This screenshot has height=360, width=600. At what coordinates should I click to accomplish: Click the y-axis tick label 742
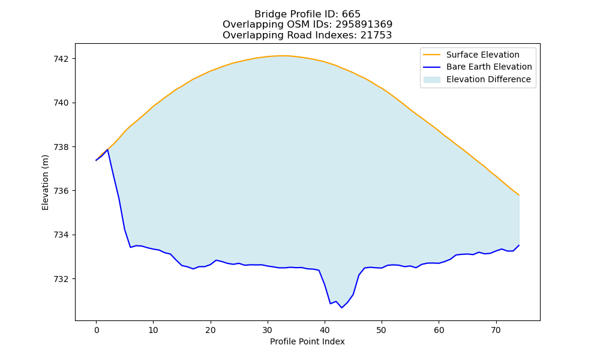pos(61,59)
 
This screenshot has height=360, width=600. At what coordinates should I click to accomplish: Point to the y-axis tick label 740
pos(61,103)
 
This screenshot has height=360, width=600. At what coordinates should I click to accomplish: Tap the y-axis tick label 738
pos(61,147)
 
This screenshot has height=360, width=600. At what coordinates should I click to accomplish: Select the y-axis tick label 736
pos(61,191)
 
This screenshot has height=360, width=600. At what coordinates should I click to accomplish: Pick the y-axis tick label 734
pos(61,235)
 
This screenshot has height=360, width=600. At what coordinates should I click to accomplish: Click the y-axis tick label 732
pos(61,279)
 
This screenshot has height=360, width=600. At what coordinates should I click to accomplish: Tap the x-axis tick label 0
pos(97,330)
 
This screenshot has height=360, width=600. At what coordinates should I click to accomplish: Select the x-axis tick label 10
pos(154,330)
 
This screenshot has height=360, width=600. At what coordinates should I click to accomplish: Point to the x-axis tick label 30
pos(268,330)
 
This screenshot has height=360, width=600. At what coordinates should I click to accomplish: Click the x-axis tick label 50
pos(382,330)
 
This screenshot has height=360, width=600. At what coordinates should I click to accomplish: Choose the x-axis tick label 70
pos(496,330)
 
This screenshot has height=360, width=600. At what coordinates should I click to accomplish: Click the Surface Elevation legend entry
pos(471,55)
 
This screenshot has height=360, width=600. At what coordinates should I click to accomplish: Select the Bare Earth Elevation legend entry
pos(477,67)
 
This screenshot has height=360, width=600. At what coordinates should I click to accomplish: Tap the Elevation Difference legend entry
pos(477,79)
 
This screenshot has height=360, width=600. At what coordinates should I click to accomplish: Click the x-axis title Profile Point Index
pos(307,341)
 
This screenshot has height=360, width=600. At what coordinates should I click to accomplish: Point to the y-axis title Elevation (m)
pos(45,182)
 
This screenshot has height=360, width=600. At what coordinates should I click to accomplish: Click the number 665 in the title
pos(351,14)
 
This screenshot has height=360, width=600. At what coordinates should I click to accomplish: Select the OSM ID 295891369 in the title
pos(364,25)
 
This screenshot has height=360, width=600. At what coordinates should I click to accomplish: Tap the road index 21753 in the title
pos(376,35)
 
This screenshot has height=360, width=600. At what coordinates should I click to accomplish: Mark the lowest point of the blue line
pos(342,308)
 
